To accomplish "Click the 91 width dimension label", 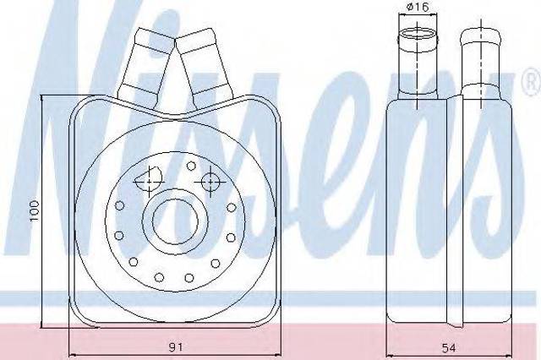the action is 176,346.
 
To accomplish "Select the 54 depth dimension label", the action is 449,347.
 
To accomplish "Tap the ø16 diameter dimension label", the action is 418,7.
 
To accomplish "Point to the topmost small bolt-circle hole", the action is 191,166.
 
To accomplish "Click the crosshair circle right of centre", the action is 210,182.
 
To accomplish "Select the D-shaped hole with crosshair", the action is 148,180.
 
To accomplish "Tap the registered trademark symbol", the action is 533,82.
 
